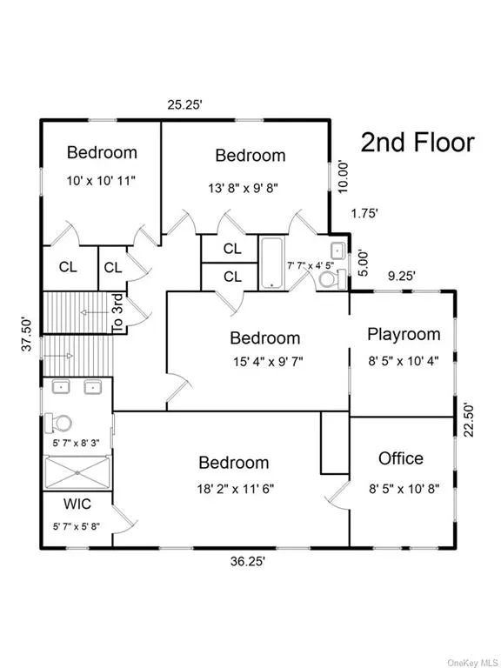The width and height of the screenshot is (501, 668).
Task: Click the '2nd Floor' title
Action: point(417,143)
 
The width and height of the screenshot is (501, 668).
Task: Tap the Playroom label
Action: point(404,334)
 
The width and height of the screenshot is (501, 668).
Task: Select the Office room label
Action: point(401,458)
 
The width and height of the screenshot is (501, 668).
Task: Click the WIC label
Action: point(77,504)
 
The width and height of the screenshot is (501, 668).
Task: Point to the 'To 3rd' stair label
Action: point(117,313)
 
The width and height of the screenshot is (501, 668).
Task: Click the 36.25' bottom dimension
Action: point(248,562)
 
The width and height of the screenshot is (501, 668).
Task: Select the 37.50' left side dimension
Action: point(27,333)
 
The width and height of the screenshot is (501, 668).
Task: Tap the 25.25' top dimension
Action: point(184,104)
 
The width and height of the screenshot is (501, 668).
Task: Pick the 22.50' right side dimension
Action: point(469,419)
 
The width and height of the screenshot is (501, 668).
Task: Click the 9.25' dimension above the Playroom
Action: point(401,276)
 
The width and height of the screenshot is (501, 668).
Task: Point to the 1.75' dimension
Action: point(364,213)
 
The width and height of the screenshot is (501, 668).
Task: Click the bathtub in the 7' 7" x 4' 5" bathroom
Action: point(271,264)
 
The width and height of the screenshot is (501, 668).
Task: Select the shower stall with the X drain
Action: point(77,472)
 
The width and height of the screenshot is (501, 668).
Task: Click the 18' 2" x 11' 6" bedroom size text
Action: point(235,489)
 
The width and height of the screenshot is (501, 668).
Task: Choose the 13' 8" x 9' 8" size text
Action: point(244,188)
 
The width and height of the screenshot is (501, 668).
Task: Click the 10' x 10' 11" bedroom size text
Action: point(101,181)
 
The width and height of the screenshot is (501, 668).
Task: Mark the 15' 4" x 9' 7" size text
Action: point(268,362)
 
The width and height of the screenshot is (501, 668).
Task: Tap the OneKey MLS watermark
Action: point(473,663)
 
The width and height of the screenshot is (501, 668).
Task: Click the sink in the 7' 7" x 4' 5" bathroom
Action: point(338,250)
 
